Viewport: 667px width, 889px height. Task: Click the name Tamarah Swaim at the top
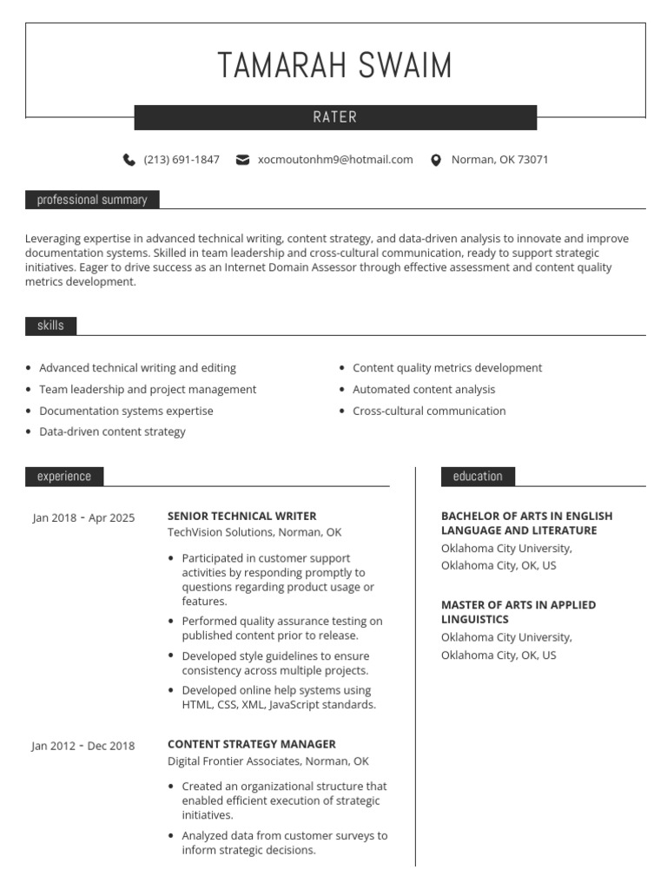tap(334, 67)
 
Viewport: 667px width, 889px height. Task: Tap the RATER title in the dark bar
tap(335, 117)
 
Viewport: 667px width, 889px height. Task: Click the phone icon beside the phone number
tap(129, 160)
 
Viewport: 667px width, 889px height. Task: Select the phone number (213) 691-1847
tap(182, 160)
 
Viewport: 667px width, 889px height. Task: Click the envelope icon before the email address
tap(243, 160)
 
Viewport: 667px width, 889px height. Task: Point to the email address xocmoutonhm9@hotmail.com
tap(335, 160)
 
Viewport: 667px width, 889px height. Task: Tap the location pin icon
tap(436, 160)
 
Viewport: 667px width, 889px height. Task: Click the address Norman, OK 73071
tap(499, 160)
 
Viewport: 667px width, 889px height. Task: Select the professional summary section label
tap(92, 200)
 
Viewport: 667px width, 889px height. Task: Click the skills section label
tap(50, 326)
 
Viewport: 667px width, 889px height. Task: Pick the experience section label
tap(64, 476)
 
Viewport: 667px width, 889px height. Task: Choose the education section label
tap(478, 476)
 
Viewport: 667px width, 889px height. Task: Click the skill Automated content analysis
tap(424, 390)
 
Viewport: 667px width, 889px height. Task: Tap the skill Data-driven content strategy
tap(112, 431)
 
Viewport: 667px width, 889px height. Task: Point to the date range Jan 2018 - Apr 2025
tap(83, 518)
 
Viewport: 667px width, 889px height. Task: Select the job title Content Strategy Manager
tap(251, 744)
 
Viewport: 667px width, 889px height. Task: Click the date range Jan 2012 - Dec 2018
tap(83, 746)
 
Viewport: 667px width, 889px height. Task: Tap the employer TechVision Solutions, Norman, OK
tap(254, 532)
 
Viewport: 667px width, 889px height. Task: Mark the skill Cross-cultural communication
tap(429, 411)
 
